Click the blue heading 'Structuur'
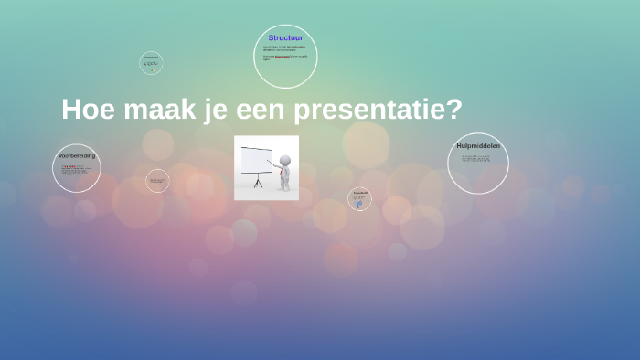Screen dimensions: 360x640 tap(285, 38)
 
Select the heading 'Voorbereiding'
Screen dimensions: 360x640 tap(76, 156)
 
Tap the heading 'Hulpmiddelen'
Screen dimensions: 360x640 tap(478, 146)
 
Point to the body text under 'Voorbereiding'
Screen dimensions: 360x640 tap(75, 171)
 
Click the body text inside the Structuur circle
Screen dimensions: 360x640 tap(285, 51)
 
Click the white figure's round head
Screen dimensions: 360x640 tap(285, 161)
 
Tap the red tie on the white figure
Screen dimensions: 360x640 tap(284, 172)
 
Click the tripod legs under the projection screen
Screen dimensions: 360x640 tap(257, 183)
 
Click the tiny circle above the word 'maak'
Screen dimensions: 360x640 tap(151, 63)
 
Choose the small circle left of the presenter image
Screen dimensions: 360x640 tap(157, 181)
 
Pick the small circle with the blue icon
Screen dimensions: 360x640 tap(359, 199)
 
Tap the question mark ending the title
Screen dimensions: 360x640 tap(454, 109)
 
